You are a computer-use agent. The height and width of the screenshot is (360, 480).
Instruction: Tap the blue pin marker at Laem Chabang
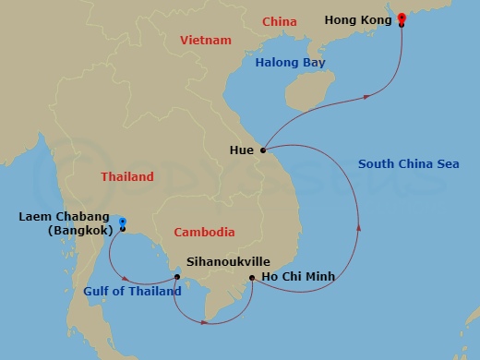coord(121,222)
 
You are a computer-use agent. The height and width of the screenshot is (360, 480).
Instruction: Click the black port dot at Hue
coord(263,150)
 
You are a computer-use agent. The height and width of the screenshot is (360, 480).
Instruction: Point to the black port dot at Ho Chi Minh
coord(252,276)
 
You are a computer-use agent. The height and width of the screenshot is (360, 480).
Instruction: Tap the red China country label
coord(280,20)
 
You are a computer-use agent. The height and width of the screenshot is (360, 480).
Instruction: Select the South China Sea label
coord(408,165)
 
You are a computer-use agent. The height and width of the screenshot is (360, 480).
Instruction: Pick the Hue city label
coord(243,149)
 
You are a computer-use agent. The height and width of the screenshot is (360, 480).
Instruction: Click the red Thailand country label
coord(126,175)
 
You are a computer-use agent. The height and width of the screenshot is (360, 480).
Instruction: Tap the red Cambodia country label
coord(204,233)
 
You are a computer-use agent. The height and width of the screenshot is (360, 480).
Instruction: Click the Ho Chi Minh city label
coord(296,276)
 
